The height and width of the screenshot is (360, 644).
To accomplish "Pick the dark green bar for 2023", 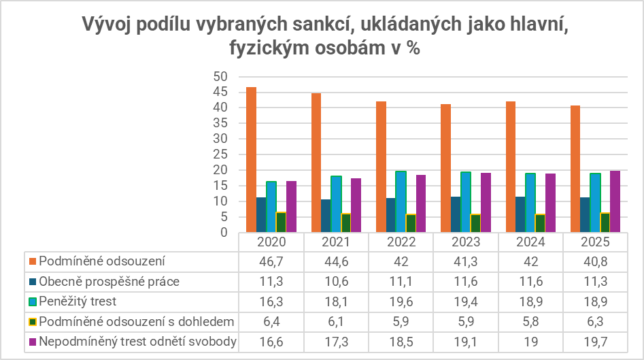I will tap(476, 223).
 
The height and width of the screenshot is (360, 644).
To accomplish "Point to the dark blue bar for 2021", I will tap(326, 216).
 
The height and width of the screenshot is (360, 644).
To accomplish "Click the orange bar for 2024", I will tap(510, 167).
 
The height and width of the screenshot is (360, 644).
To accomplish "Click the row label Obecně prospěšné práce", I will tap(109, 281).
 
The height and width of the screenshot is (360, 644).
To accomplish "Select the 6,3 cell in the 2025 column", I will tap(596, 321).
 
